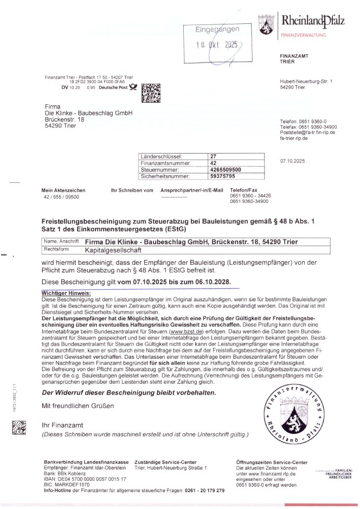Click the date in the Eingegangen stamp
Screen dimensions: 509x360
point(217,46)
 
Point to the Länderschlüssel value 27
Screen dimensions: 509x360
point(213,156)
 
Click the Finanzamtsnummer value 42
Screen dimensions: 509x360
point(213,162)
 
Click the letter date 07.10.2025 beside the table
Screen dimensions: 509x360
point(292,161)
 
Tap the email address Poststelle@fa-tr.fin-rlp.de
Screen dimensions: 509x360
point(307,132)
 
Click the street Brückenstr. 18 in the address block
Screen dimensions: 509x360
point(65,119)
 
